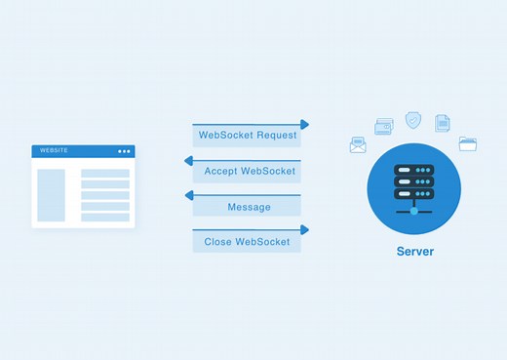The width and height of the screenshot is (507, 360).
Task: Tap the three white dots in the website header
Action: (x=124, y=151)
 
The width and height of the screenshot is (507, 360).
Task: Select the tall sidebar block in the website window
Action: (x=51, y=195)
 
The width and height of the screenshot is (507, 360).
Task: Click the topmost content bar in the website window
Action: (x=104, y=174)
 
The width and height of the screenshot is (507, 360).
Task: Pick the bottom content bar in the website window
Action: (x=104, y=217)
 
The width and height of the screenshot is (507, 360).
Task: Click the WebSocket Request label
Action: (x=247, y=137)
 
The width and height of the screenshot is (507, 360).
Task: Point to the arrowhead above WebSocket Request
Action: (x=305, y=125)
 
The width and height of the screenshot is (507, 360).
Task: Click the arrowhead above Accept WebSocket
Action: (x=188, y=160)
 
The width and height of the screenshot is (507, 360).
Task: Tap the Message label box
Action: (x=247, y=207)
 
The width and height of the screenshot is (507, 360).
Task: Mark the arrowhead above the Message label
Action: (x=188, y=195)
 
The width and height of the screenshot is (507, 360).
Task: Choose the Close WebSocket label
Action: (x=247, y=242)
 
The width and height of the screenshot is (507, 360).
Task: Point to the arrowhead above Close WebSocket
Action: (x=305, y=230)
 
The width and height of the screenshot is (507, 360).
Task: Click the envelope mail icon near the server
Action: (x=358, y=145)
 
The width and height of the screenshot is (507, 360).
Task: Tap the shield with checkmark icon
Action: (x=413, y=120)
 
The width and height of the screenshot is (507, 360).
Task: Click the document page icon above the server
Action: (x=443, y=123)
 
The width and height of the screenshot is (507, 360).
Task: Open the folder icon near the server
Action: (x=468, y=143)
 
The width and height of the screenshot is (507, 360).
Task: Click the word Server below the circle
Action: (x=414, y=251)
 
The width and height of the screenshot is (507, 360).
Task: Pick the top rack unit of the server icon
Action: (x=414, y=169)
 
